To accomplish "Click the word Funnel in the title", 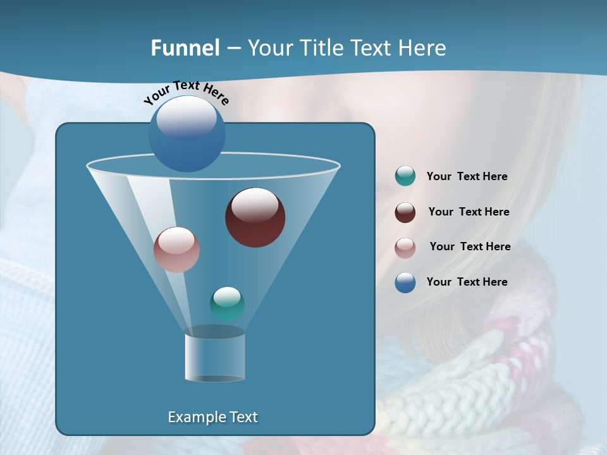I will click(x=185, y=48).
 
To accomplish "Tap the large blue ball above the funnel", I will click(x=187, y=134).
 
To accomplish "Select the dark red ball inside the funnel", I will click(x=255, y=218).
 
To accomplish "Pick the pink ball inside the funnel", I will click(x=176, y=250).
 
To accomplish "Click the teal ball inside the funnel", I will click(x=227, y=303).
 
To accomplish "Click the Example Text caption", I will click(x=212, y=417).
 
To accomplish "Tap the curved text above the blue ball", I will click(x=186, y=92).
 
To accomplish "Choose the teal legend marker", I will click(x=405, y=176).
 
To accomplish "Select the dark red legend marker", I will click(x=405, y=212).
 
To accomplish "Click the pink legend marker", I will click(x=405, y=247).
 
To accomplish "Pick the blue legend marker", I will click(x=405, y=282).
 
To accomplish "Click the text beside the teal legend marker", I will click(x=467, y=177).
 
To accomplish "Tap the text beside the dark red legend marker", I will click(x=469, y=212).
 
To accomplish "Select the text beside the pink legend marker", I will click(x=470, y=247).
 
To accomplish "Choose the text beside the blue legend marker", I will click(x=467, y=282).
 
